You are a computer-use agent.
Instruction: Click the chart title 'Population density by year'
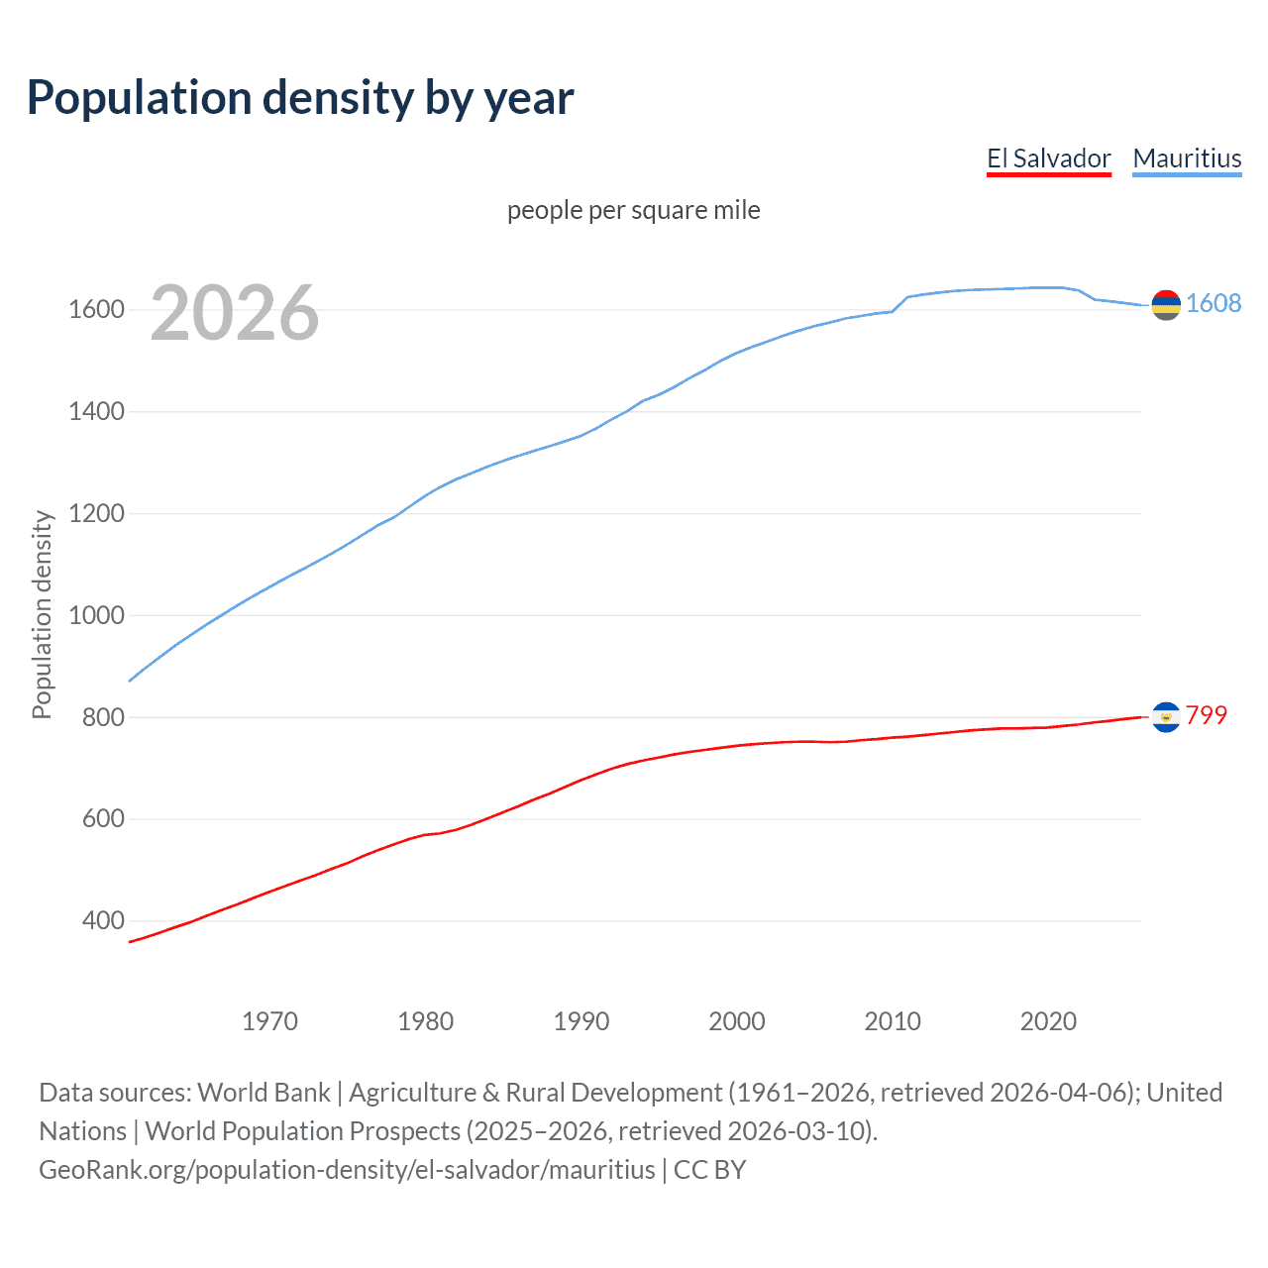(x=300, y=98)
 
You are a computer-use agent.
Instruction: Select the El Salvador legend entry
(x=1048, y=158)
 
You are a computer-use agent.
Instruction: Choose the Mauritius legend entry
(x=1187, y=158)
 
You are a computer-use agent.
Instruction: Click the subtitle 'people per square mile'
(x=633, y=210)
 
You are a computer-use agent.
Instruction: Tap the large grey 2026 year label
(x=235, y=313)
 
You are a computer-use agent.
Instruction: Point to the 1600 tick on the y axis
(x=96, y=309)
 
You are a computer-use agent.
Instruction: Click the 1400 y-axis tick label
(x=96, y=411)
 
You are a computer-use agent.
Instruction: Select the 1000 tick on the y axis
(x=96, y=615)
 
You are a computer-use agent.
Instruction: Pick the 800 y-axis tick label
(x=103, y=717)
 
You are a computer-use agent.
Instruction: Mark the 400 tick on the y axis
(x=103, y=920)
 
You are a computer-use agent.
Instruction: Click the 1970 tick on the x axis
(x=269, y=1021)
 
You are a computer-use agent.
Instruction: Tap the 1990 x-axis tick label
(x=581, y=1021)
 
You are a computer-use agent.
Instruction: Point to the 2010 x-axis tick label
(x=893, y=1021)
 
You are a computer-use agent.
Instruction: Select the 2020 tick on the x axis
(x=1048, y=1021)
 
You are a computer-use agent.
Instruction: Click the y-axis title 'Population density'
(x=42, y=614)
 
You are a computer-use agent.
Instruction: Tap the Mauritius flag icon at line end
(x=1166, y=305)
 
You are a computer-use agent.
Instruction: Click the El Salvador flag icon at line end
(x=1166, y=716)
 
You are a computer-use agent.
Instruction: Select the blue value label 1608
(x=1214, y=303)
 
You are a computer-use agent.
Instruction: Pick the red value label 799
(x=1207, y=715)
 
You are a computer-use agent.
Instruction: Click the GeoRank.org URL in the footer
(x=347, y=1170)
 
